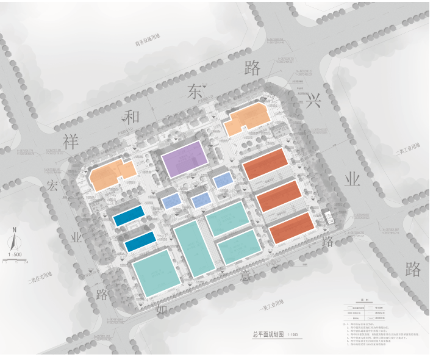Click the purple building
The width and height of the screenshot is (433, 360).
point(184,159)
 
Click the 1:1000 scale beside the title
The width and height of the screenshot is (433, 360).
point(292,335)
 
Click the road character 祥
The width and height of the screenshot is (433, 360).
point(71,142)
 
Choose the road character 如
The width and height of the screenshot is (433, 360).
point(162,309)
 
